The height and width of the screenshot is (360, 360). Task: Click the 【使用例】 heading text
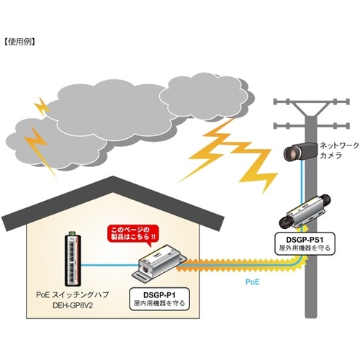pos(20,42)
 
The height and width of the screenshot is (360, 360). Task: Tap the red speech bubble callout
pos(133,234)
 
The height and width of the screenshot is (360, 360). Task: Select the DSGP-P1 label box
pos(159,299)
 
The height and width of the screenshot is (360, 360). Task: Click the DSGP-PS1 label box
pos(305,243)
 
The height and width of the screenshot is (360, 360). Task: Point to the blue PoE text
pos(252,282)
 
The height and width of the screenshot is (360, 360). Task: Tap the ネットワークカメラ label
pos(339,150)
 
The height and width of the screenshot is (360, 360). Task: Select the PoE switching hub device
pos(73,259)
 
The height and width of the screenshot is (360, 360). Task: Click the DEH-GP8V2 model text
pos(73,305)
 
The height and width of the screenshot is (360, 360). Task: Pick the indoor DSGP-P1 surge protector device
pos(160,263)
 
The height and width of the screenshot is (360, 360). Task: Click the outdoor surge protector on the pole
pos(305,212)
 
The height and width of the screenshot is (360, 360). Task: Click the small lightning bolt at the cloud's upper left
pos(42,106)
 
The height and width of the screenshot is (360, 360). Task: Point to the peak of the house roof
pos(112,176)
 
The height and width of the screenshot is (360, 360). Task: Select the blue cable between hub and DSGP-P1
pos(110,265)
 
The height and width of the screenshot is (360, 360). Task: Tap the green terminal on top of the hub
pos(72,233)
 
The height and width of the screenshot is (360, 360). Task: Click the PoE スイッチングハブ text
pos(73,294)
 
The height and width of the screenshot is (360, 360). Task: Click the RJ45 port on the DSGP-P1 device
pos(145,268)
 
